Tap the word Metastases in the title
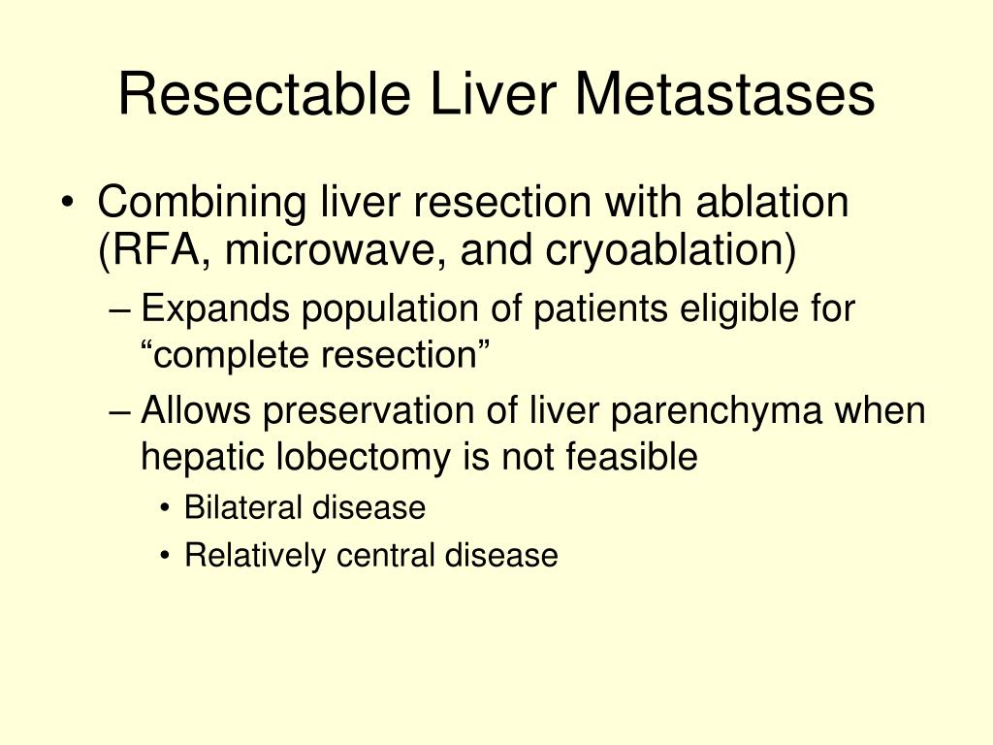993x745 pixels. (x=724, y=96)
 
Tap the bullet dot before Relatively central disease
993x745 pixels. (x=168, y=557)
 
